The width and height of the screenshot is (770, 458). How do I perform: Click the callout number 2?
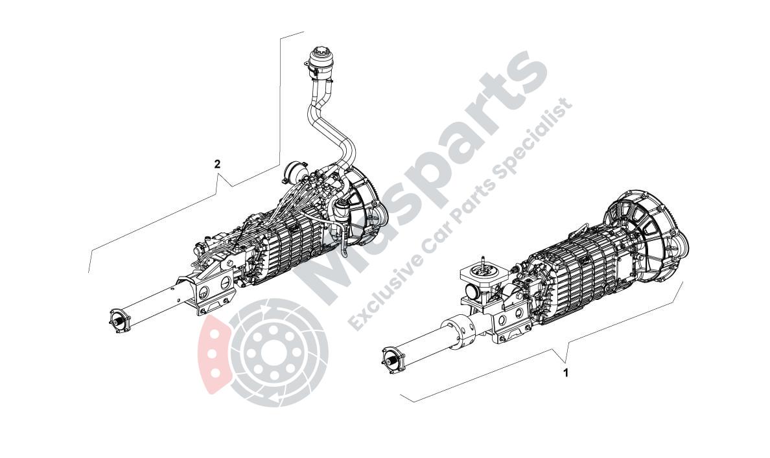(217, 164)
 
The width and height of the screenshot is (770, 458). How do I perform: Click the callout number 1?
(566, 373)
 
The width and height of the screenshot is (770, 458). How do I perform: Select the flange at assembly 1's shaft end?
(390, 360)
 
